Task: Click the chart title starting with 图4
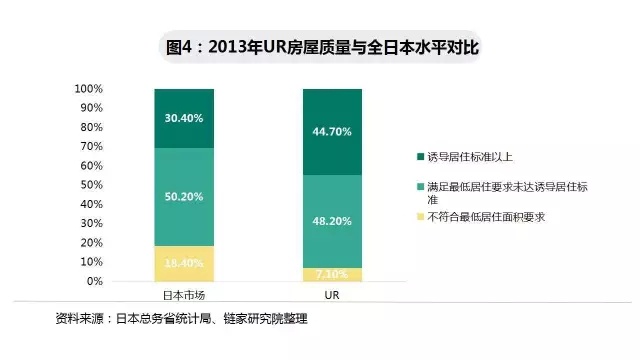point(321,47)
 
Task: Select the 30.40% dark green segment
point(184,118)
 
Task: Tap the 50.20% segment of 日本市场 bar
point(184,197)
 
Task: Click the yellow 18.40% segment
point(184,263)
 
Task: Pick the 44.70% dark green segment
point(333,131)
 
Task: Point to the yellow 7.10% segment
point(333,274)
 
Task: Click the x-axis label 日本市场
point(184,297)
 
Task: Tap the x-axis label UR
point(333,297)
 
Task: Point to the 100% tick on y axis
point(89,89)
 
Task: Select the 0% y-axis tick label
point(95,281)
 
